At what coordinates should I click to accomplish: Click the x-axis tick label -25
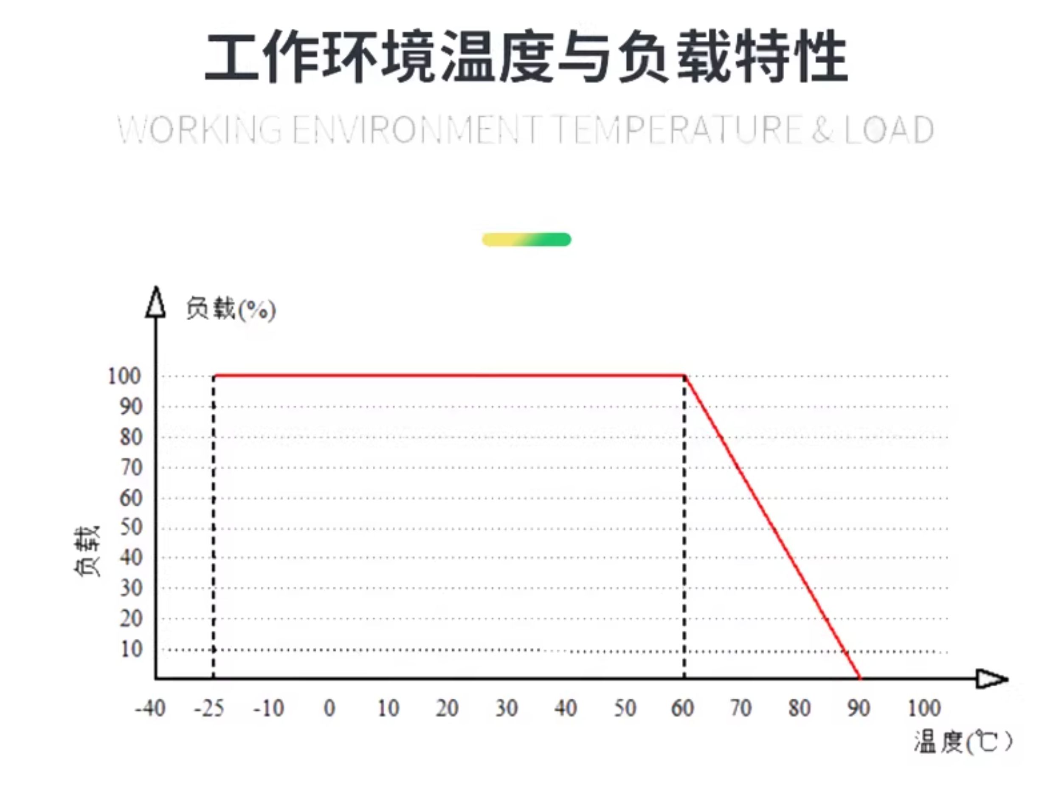[x=209, y=708]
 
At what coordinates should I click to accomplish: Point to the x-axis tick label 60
[x=682, y=708]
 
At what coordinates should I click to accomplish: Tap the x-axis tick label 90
[x=859, y=708]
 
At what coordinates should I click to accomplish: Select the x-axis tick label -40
[x=150, y=708]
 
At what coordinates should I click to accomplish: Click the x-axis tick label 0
[x=329, y=708]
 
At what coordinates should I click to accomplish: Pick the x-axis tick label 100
[x=924, y=708]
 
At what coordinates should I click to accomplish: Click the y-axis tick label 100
[x=124, y=376]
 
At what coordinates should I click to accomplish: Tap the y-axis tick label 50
[x=131, y=528]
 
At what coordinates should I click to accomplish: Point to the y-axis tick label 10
[x=131, y=649]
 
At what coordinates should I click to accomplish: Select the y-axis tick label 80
[x=131, y=437]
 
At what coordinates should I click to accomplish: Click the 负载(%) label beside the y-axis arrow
[x=231, y=309]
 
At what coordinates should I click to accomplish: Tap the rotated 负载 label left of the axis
[x=87, y=551]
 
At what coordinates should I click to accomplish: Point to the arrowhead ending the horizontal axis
[x=992, y=679]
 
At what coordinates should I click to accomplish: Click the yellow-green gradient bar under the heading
[x=526, y=239]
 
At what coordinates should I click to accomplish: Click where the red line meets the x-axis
[x=860, y=678]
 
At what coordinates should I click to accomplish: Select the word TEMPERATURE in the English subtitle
[x=679, y=130]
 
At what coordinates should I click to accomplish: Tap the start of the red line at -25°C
[x=214, y=375]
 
